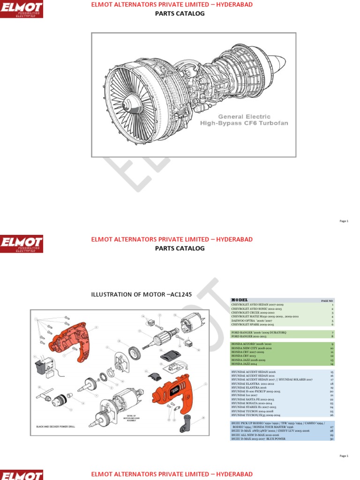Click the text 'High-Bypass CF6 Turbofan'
pos(244,123)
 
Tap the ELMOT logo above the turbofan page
pos(22,9)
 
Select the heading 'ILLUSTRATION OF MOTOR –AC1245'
pos(141,294)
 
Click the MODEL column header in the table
pos(240,300)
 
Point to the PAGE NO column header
pos(327,300)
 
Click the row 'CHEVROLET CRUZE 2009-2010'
pos(253,313)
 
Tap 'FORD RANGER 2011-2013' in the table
pos(251,336)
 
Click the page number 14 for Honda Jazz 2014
pos(331,364)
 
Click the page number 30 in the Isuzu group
pos(331,439)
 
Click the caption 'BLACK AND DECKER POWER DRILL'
pos(56,427)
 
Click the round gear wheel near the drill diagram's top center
pos(134,352)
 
